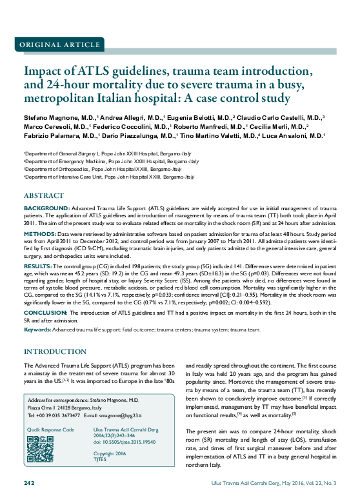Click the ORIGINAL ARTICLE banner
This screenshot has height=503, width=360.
coord(59,44)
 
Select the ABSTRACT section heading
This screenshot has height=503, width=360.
coord(44,195)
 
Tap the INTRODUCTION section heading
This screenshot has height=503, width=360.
coord(55,351)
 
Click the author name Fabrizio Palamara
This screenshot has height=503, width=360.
coord(50,136)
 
